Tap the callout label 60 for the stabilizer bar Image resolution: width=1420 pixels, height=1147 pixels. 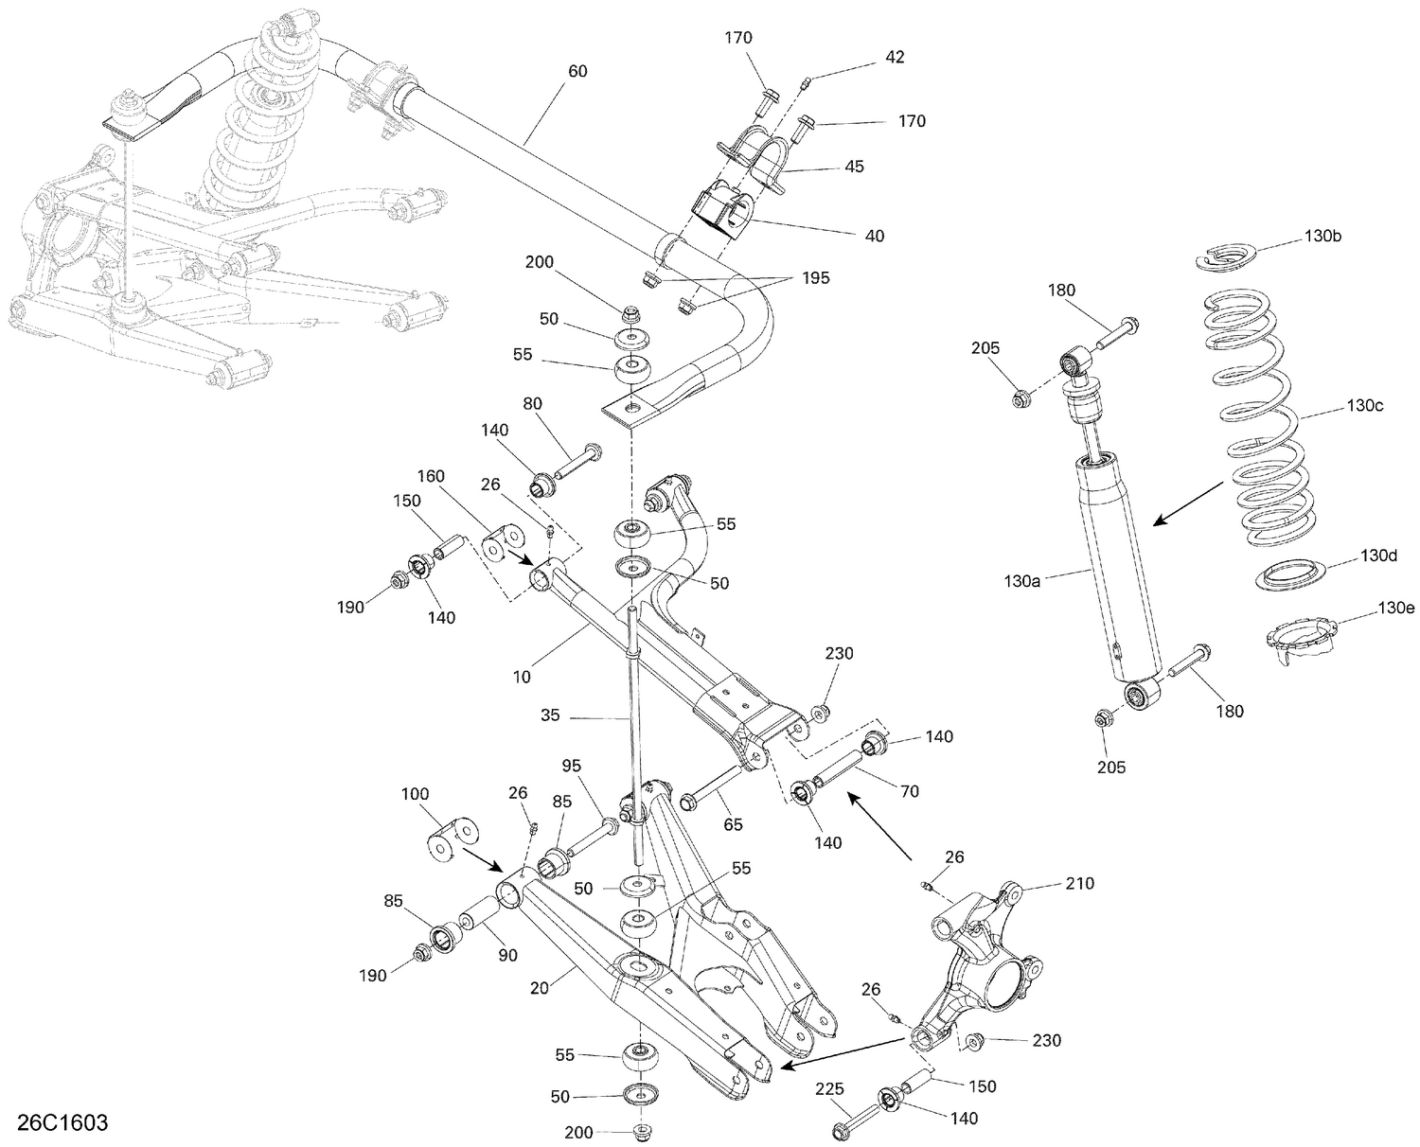577,71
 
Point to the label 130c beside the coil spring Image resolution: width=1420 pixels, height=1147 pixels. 1365,406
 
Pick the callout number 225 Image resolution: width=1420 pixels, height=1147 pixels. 830,1089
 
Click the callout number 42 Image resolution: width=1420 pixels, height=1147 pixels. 894,58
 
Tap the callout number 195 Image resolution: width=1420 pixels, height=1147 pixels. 815,278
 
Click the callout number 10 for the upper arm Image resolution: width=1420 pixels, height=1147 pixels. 522,677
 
